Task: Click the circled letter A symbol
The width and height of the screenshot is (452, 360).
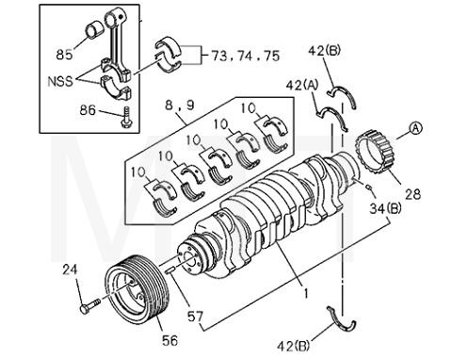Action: pos(415,131)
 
